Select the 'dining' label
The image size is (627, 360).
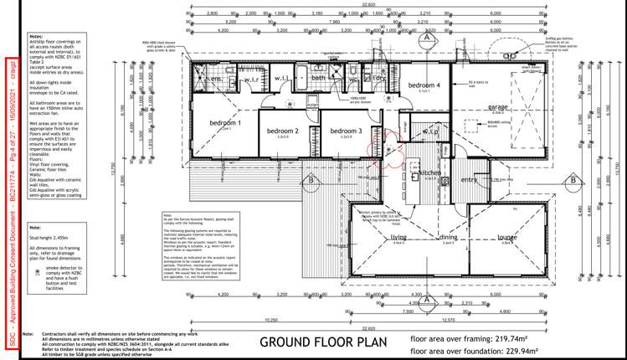click(x=449, y=237)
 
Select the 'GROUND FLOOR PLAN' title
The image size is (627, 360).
click(x=315, y=342)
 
